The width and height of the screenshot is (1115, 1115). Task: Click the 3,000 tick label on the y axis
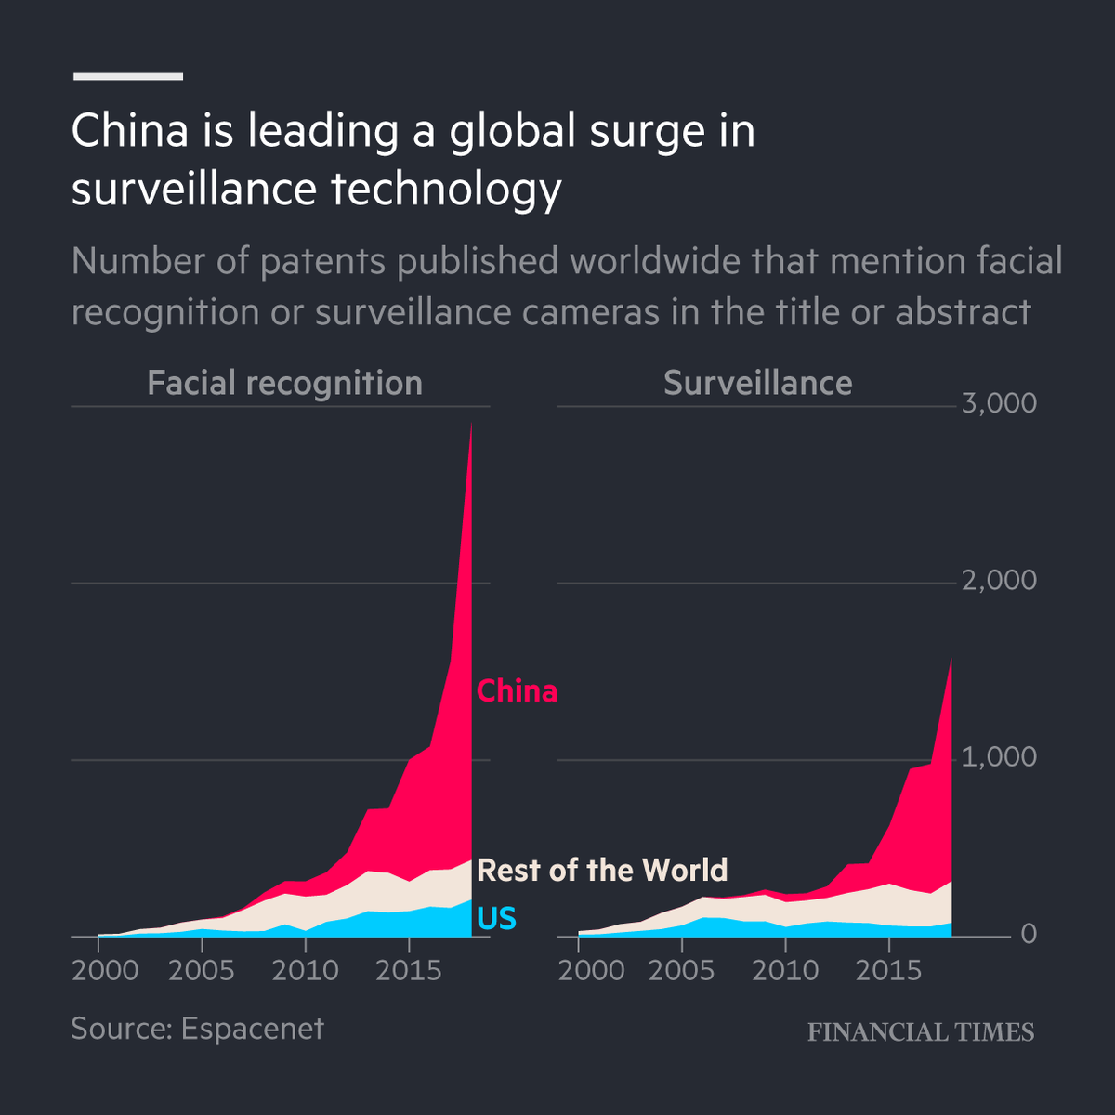click(999, 404)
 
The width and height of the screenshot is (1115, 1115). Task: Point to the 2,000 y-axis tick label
click(999, 581)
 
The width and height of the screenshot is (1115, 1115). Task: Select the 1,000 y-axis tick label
click(999, 757)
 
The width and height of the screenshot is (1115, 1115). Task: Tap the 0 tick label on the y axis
click(1028, 934)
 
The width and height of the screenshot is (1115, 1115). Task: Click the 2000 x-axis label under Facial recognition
click(105, 971)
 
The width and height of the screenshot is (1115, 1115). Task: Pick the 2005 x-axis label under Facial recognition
click(202, 971)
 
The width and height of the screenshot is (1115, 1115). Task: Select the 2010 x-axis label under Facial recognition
click(306, 971)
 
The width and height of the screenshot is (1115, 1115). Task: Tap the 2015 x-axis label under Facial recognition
click(408, 971)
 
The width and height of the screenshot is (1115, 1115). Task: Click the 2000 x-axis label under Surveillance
click(592, 971)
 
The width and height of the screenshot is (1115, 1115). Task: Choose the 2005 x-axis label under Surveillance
click(681, 971)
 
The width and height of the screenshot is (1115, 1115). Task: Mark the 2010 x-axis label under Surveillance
click(785, 971)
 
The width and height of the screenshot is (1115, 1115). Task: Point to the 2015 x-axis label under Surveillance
click(887, 971)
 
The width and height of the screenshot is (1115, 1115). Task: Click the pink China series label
click(517, 691)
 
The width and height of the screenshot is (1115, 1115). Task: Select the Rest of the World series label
click(602, 871)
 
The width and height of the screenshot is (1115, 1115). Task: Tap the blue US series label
click(496, 919)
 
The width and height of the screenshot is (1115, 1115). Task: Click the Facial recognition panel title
click(284, 383)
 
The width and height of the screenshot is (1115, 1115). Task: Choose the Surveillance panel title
click(757, 383)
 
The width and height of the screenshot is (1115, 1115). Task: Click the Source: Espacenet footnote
click(197, 1029)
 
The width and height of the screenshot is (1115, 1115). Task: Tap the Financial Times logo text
click(920, 1032)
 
